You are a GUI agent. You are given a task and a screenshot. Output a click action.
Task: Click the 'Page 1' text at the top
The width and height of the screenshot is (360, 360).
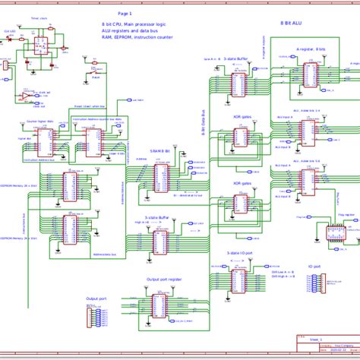(124, 14)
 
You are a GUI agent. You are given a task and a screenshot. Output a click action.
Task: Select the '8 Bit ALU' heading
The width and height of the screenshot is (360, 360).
(293, 24)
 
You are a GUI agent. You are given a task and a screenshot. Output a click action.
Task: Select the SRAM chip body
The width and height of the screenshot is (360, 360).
(161, 179)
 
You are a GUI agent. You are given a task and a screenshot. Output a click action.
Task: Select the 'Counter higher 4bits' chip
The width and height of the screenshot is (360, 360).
(44, 141)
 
